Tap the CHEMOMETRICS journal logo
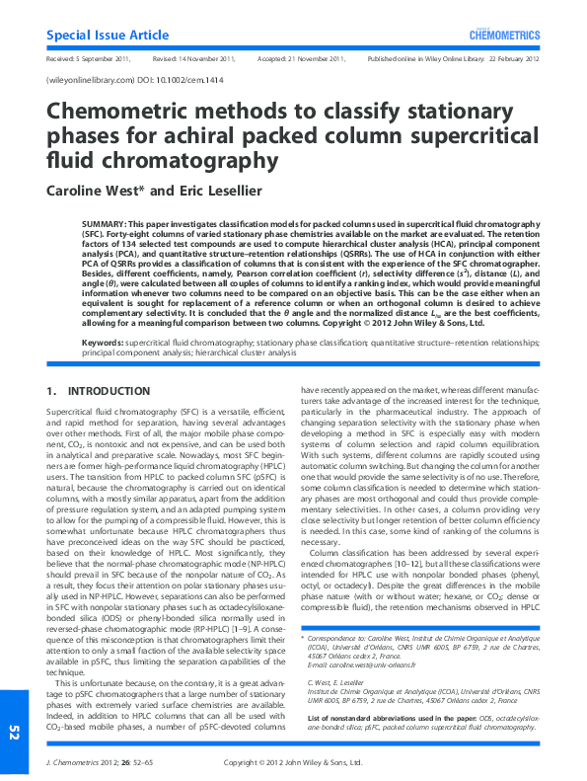pos(508,35)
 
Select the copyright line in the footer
pos(293,762)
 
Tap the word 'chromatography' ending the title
pos(187,158)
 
